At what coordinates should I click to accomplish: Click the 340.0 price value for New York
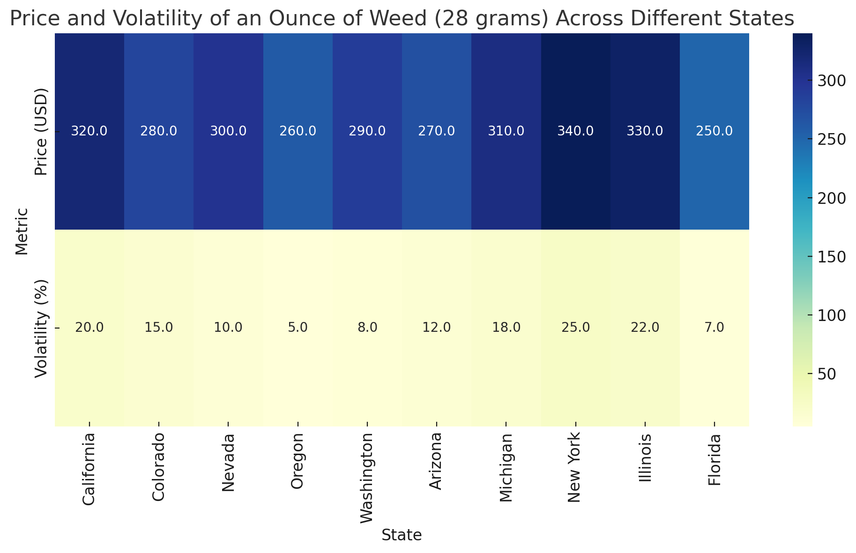tap(575, 132)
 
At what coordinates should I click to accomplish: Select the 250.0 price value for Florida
tap(714, 132)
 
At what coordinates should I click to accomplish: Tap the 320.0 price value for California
tap(89, 132)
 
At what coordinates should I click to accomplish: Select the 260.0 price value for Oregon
tap(298, 132)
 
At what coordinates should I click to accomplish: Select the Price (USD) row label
tap(42, 132)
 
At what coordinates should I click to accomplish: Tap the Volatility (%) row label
tap(42, 328)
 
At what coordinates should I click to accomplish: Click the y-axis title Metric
tap(22, 231)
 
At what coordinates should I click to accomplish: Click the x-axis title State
tap(402, 535)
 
